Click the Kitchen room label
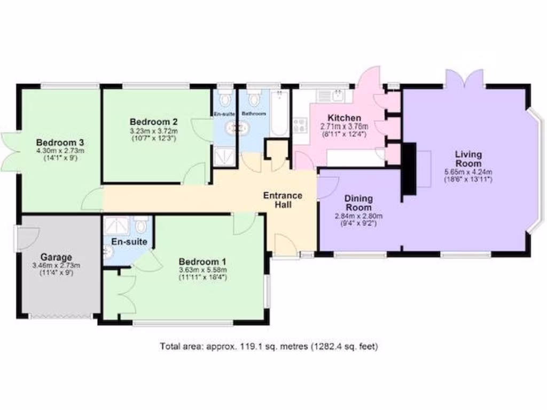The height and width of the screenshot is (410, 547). click(x=344, y=118)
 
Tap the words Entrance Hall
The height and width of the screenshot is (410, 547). click(x=283, y=200)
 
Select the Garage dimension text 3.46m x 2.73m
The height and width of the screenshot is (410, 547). click(x=56, y=265)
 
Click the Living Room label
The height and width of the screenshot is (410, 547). click(x=468, y=159)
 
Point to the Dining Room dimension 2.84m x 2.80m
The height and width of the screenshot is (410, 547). click(x=358, y=216)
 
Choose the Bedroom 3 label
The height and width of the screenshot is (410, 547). click(x=60, y=143)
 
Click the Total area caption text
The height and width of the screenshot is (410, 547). click(x=269, y=346)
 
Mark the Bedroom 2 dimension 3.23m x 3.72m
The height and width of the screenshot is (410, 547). click(x=154, y=131)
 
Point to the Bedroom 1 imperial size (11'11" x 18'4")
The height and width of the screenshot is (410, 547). click(x=202, y=277)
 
